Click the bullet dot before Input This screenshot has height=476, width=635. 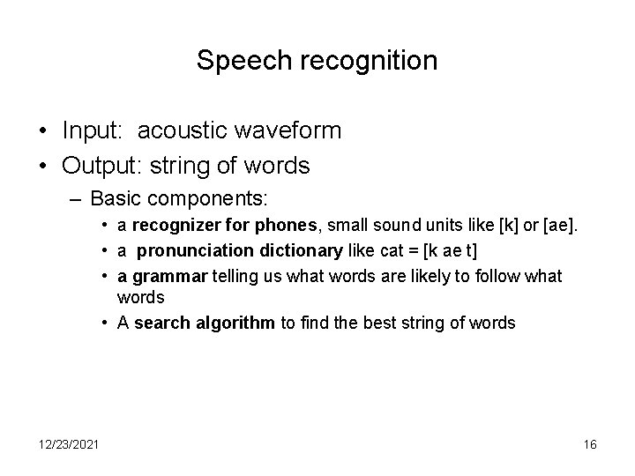coord(42,131)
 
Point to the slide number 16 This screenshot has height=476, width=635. coord(590,445)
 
